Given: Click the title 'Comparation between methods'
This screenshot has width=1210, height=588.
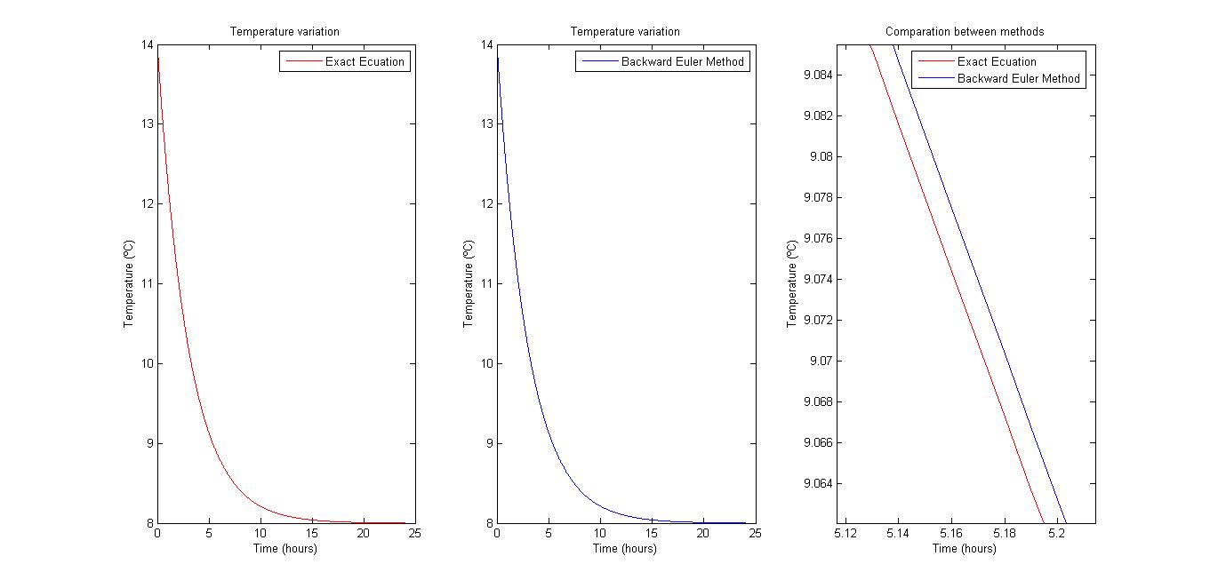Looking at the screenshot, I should click(965, 32).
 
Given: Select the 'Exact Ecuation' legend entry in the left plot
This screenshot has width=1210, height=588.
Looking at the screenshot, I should click(365, 62).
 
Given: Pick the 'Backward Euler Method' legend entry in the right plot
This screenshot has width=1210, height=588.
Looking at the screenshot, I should click(1018, 78).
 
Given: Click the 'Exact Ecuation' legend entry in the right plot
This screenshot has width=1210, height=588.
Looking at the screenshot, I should click(997, 62).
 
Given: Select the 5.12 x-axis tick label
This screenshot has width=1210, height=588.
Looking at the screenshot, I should click(845, 534).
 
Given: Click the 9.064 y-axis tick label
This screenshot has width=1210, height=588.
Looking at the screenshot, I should click(818, 484).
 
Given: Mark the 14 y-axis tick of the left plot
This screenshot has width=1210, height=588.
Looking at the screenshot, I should click(147, 44).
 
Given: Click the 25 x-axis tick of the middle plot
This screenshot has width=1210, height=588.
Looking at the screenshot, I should click(755, 534).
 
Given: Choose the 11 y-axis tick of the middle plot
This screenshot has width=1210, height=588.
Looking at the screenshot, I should click(486, 284).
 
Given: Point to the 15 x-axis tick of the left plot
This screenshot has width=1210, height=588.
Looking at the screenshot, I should click(312, 534).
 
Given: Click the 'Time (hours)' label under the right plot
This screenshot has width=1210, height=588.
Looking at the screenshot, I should click(965, 549).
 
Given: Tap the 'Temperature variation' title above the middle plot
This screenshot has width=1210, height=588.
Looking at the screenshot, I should click(625, 32).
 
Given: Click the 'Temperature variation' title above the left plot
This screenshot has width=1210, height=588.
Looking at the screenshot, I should click(284, 32).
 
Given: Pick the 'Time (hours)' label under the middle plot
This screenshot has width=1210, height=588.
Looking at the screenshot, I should click(625, 549).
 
